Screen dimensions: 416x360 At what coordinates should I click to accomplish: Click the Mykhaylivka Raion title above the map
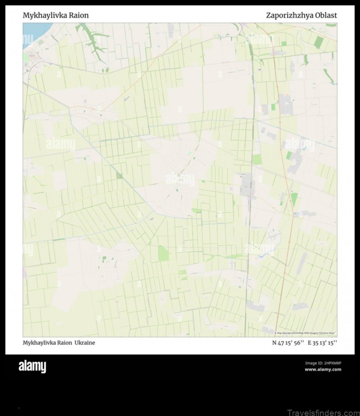tap(56, 15)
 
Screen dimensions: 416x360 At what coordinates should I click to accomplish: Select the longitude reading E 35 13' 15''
tap(322, 343)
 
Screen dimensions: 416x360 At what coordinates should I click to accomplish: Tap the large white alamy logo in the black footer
tap(32, 367)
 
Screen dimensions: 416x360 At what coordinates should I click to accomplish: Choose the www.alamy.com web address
tap(323, 370)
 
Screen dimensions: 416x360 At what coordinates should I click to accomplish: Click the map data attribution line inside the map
tap(306, 333)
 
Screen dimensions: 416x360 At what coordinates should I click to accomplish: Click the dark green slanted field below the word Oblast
tap(319, 42)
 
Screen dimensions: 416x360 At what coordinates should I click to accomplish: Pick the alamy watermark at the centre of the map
tap(180, 179)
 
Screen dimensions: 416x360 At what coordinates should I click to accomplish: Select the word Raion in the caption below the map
tap(66, 343)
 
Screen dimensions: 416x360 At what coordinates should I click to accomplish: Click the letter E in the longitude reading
tap(310, 343)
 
